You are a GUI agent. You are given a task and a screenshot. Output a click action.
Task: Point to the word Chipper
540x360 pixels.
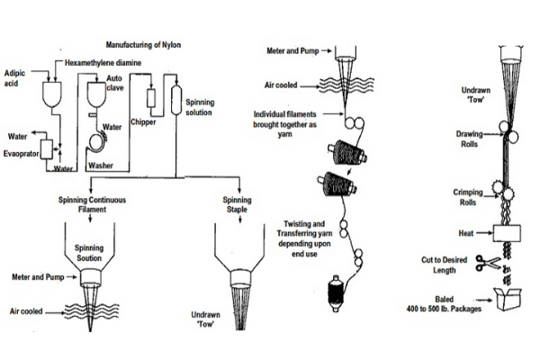tap(143, 121)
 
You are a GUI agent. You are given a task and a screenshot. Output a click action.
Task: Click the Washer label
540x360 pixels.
tap(100, 167)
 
